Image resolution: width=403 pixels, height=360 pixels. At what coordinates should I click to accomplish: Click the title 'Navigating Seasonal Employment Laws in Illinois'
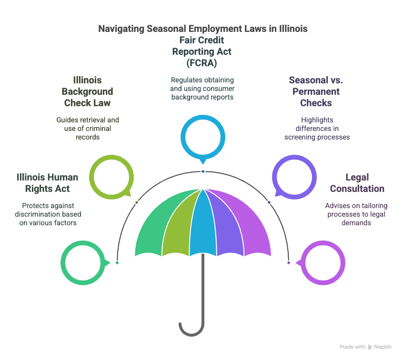(203, 29)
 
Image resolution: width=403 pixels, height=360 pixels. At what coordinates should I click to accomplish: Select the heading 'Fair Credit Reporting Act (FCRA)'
(202, 51)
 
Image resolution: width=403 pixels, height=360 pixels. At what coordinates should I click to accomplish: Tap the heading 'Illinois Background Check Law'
(87, 91)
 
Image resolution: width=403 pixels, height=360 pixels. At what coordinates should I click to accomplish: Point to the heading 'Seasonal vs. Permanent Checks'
(316, 91)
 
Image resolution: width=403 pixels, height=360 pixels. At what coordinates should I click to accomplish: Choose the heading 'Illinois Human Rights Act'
(47, 183)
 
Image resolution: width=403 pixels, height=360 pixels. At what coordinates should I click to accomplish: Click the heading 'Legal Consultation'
(357, 183)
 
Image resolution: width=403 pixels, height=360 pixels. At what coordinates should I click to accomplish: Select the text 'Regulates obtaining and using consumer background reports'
(202, 89)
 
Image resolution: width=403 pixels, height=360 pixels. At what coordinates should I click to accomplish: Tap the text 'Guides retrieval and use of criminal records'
(88, 129)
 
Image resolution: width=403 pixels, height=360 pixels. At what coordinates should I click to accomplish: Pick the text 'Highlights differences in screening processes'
(317, 129)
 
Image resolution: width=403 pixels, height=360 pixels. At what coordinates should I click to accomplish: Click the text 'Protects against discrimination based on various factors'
(48, 214)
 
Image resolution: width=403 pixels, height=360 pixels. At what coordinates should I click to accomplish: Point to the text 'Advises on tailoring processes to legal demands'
(356, 214)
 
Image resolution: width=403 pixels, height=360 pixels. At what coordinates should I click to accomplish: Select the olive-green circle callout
(91, 177)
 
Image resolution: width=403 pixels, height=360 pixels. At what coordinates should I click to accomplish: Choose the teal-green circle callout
(63, 263)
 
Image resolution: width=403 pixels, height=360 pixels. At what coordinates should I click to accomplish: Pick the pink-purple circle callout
(343, 263)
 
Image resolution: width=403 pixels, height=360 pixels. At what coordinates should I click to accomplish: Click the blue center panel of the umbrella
(203, 226)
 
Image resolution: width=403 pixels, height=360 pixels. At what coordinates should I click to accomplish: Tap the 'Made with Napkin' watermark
(365, 347)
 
